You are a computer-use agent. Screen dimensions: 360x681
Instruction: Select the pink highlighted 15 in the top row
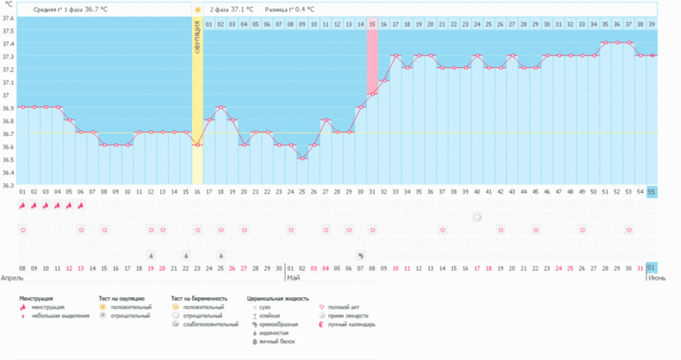pyautogui.click(x=372, y=24)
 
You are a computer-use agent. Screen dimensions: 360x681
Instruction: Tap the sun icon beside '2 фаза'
pyautogui.click(x=197, y=9)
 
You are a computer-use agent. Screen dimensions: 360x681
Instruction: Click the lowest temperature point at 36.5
pyautogui.click(x=302, y=158)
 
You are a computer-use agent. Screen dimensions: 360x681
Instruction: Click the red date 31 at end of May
pyautogui.click(x=639, y=267)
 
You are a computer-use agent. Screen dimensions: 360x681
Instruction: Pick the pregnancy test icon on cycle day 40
pyautogui.click(x=477, y=217)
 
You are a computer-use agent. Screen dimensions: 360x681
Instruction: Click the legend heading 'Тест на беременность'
pyautogui.click(x=199, y=299)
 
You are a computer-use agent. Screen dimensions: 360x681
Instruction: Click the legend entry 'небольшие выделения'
pyautogui.click(x=59, y=316)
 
